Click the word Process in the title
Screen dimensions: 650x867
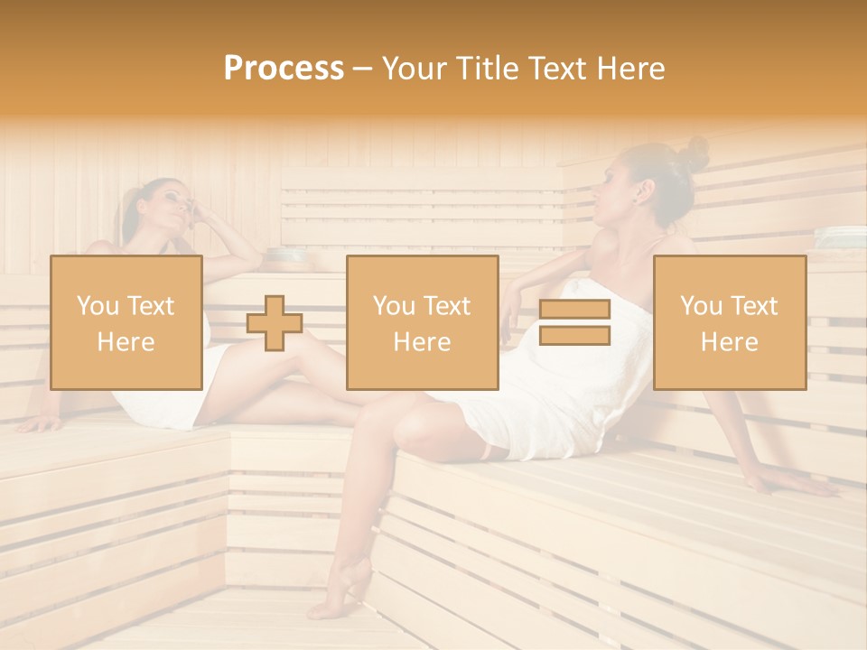[x=284, y=69]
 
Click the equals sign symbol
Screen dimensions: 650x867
[x=574, y=322]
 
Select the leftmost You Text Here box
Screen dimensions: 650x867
[x=126, y=322]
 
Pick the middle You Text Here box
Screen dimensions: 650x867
[x=423, y=322]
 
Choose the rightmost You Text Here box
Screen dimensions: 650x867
[x=730, y=322]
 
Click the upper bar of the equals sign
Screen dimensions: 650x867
[x=574, y=310]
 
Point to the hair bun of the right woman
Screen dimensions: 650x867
[x=694, y=153]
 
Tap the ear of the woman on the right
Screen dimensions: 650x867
[x=643, y=191]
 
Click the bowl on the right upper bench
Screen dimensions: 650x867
[x=840, y=237]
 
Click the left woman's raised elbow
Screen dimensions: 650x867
[x=257, y=257]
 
